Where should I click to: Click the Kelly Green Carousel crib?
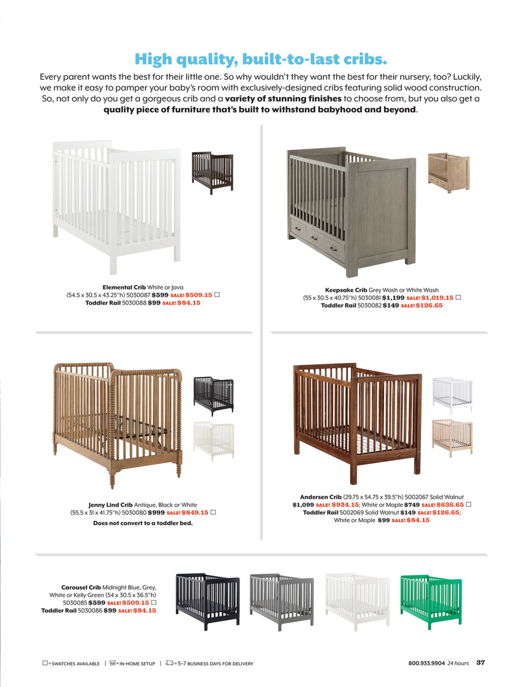pos(431,601)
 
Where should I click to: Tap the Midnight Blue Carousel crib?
pos(207,601)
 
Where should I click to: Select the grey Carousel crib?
pos(281,601)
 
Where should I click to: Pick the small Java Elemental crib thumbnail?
pos(212,173)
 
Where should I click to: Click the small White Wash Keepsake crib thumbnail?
pos(448,172)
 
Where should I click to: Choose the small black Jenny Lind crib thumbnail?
pos(213,396)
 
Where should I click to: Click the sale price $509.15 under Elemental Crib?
pos(199,295)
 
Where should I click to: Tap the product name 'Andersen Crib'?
pos(321,497)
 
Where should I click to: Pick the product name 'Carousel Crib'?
pos(81,587)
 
